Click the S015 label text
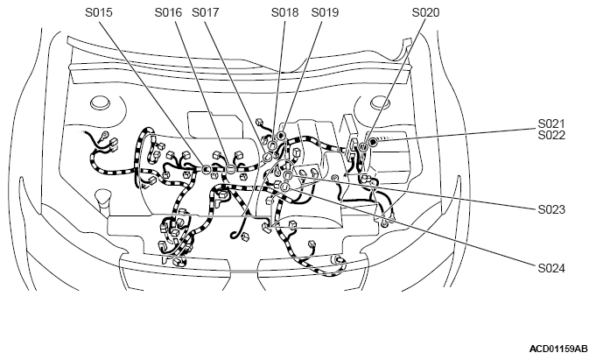99,12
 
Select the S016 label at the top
168,12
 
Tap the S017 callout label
206,12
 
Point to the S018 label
284,12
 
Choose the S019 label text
325,12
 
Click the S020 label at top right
425,12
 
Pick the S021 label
551,124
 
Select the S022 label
551,135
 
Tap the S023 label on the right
551,209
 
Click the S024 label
551,269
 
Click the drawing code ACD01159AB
558,349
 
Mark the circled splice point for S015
207,168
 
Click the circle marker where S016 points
230,170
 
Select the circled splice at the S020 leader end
363,146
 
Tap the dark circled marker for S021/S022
373,143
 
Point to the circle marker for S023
288,174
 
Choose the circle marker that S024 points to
284,187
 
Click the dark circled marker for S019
281,136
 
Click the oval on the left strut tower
101,103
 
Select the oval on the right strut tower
380,102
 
